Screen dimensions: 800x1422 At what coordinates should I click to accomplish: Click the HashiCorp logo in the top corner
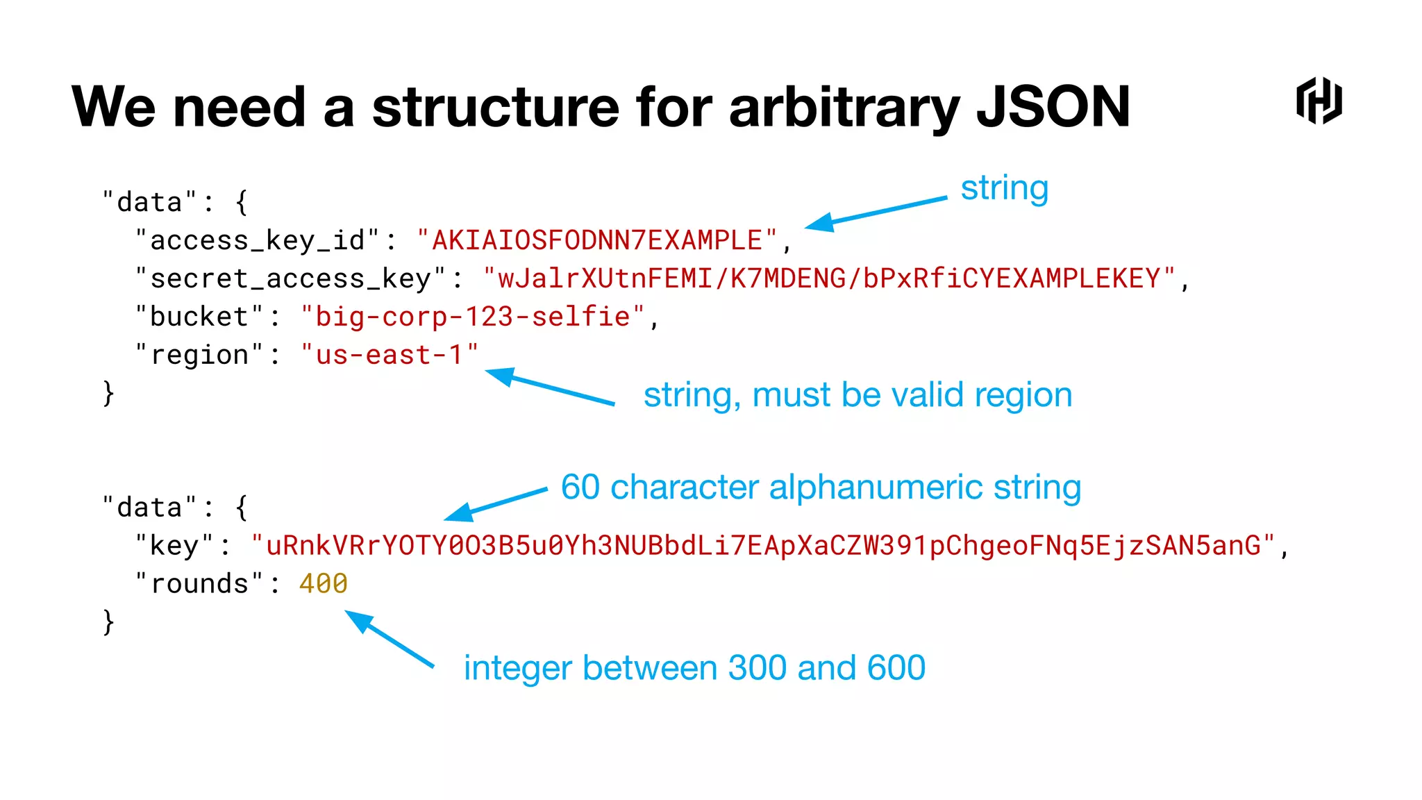click(1319, 101)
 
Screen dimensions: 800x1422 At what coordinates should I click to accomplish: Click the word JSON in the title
click(1053, 108)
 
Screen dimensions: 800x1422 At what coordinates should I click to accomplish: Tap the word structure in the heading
click(495, 108)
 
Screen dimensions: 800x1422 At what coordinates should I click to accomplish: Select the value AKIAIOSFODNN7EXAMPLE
click(597, 240)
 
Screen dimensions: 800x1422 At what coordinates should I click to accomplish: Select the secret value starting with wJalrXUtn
click(829, 278)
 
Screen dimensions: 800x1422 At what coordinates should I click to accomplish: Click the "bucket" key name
click(199, 317)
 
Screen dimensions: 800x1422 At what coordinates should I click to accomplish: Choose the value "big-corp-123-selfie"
click(472, 317)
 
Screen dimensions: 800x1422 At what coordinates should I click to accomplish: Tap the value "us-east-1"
click(389, 355)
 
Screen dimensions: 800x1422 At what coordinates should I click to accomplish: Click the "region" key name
click(199, 355)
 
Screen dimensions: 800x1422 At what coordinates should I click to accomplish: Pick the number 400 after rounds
click(323, 583)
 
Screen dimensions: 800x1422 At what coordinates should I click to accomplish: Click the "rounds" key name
click(199, 583)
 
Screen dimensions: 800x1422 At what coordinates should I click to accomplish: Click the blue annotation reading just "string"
click(1004, 189)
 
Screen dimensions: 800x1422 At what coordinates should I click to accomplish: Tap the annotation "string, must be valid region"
click(858, 395)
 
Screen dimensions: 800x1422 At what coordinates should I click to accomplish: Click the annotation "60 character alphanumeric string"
click(821, 487)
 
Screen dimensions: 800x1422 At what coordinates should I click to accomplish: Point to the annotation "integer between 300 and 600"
click(694, 668)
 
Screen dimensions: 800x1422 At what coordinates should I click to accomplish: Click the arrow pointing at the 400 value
click(390, 639)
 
